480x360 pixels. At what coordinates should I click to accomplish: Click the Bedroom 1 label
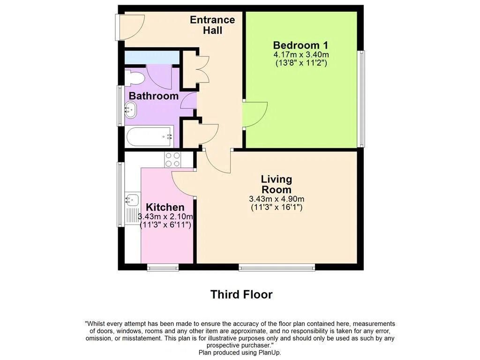click(x=300, y=45)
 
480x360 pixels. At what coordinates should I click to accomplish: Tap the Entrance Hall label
click(x=212, y=25)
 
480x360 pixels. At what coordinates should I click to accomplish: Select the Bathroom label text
click(x=154, y=96)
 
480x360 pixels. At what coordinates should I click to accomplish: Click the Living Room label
click(x=277, y=184)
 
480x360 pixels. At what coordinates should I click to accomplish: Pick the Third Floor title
click(x=241, y=294)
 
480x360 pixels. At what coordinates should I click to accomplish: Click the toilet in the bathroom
click(x=134, y=78)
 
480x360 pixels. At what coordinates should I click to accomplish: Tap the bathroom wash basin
click(x=131, y=110)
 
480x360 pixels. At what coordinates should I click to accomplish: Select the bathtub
click(x=150, y=137)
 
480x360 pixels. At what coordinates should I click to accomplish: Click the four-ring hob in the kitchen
click(x=172, y=159)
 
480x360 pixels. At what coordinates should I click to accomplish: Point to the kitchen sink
click(x=132, y=200)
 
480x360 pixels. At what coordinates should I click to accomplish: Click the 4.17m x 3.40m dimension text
click(x=301, y=55)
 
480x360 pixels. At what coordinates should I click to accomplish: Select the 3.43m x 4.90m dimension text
click(x=277, y=199)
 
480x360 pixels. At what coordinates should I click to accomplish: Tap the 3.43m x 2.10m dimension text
click(x=165, y=217)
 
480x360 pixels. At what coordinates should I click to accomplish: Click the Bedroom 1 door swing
click(x=255, y=114)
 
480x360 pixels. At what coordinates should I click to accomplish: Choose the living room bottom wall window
click(x=277, y=268)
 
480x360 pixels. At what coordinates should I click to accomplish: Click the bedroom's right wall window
click(x=361, y=98)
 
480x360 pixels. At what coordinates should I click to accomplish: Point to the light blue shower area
click(x=152, y=58)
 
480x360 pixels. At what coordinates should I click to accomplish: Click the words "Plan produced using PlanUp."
click(x=240, y=352)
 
